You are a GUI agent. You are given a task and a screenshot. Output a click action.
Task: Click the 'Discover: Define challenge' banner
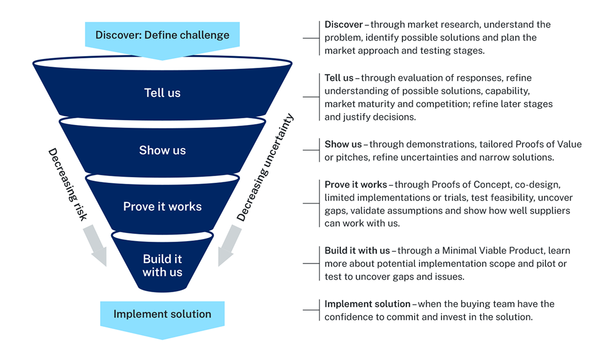click(162, 35)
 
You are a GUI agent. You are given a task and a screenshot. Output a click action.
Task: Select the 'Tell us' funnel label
click(162, 92)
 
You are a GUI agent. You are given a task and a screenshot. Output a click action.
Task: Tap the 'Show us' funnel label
click(162, 150)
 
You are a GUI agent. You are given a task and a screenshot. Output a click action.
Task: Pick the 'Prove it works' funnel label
click(162, 206)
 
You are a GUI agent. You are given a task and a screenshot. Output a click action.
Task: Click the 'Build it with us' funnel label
click(162, 265)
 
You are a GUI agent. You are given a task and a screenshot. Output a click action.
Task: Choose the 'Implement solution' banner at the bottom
click(162, 314)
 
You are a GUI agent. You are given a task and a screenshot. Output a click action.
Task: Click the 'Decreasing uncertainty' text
click(265, 168)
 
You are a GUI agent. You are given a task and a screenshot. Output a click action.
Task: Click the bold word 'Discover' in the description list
click(343, 25)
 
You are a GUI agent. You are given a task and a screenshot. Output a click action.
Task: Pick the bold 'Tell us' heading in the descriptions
click(339, 78)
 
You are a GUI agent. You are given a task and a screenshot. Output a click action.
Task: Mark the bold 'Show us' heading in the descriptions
click(343, 144)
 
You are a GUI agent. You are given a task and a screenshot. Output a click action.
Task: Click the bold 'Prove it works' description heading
click(356, 184)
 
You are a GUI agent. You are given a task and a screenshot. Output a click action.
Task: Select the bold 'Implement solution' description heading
click(367, 304)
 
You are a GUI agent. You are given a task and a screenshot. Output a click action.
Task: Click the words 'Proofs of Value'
click(548, 144)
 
